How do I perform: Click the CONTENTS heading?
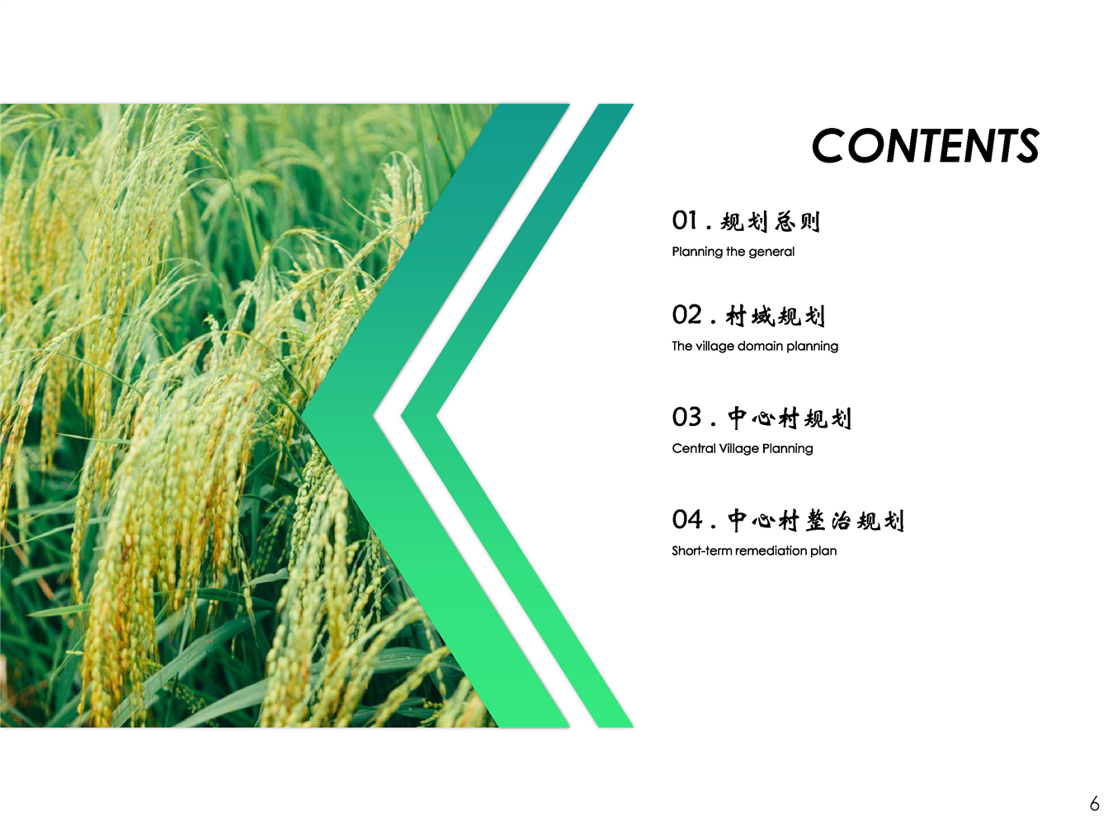[925, 145]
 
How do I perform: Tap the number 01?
[684, 220]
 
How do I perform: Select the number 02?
[686, 315]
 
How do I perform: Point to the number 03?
[686, 418]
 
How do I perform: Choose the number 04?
[686, 520]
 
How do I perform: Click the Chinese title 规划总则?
[770, 222]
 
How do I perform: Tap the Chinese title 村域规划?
[775, 316]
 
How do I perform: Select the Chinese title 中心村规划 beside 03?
[789, 418]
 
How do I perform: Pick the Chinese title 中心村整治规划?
[815, 521]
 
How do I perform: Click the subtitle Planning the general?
[733, 252]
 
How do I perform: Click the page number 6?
[1094, 803]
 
